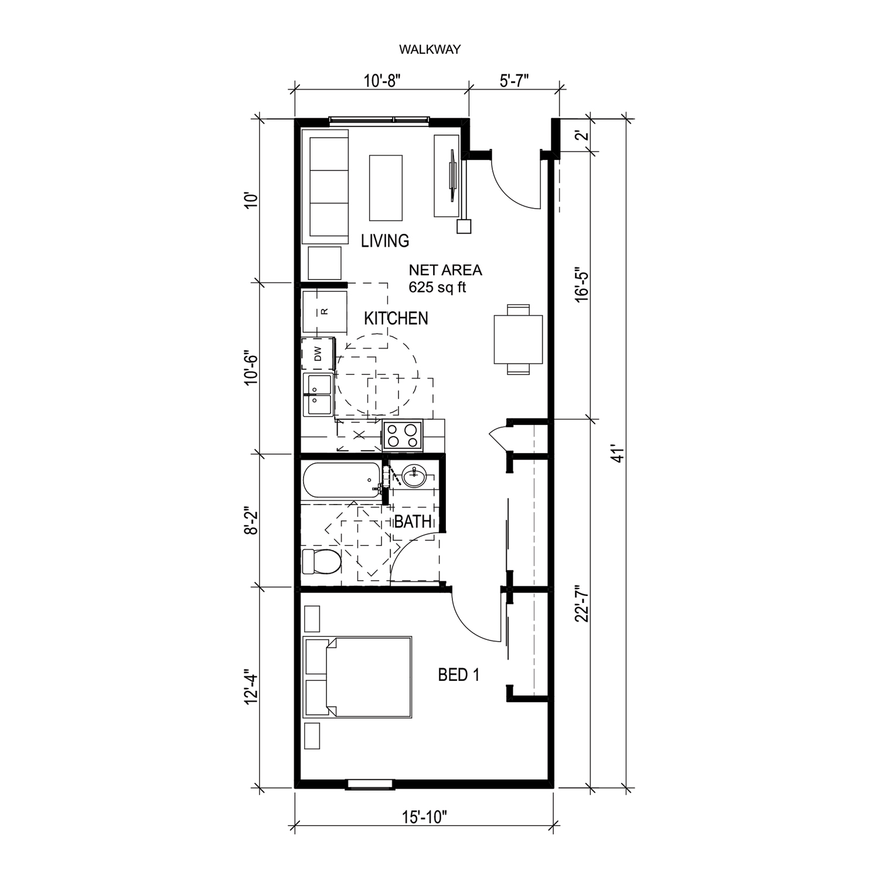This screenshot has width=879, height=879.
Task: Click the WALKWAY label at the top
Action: [x=430, y=50]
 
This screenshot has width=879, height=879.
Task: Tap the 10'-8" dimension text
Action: [x=381, y=81]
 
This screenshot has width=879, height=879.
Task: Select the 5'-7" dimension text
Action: [x=515, y=81]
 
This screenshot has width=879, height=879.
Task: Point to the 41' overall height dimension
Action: [x=615, y=452]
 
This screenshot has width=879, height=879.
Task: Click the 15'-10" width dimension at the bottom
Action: [x=424, y=816]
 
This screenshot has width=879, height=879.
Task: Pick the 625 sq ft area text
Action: [x=437, y=287]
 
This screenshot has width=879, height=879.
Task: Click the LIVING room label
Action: [x=385, y=241]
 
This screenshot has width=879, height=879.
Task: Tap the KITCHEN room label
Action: [x=396, y=318]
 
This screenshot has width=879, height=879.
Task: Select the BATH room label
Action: [x=413, y=522]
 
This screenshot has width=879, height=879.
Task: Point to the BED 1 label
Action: [x=459, y=675]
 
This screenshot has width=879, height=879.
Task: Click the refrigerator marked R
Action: [x=325, y=311]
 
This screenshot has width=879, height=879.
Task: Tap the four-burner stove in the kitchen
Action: [x=403, y=435]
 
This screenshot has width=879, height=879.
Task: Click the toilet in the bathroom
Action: [x=321, y=562]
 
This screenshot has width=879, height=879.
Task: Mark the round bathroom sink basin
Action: [x=414, y=476]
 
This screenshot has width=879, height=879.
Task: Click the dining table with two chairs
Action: [x=518, y=339]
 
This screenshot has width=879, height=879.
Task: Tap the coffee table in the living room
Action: [x=386, y=188]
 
